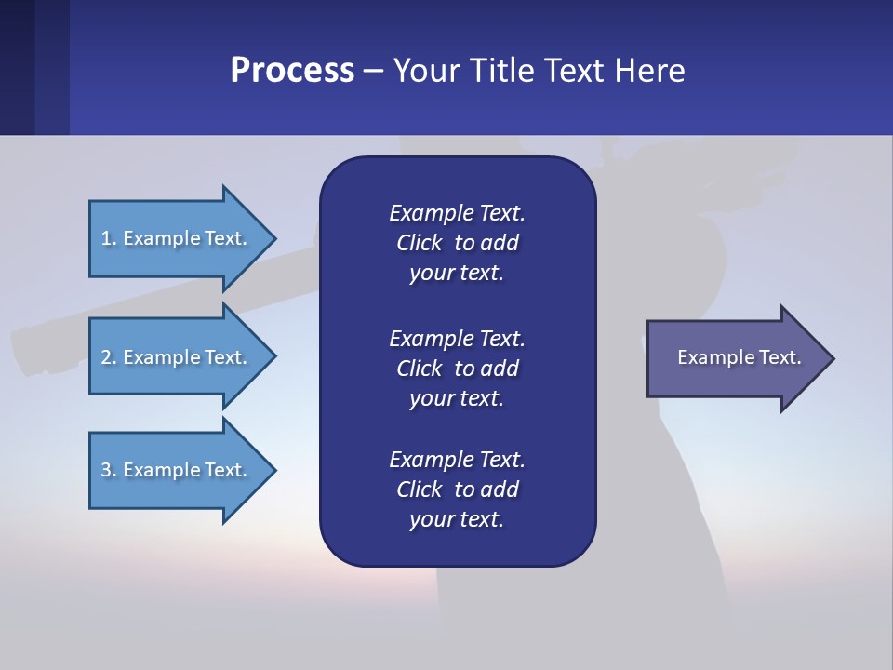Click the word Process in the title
pyautogui.click(x=292, y=71)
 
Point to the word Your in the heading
pyautogui.click(x=428, y=71)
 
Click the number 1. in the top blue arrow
pyautogui.click(x=109, y=238)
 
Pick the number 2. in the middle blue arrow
pyautogui.click(x=109, y=357)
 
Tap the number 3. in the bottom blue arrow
pyautogui.click(x=109, y=470)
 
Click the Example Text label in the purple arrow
pyautogui.click(x=739, y=357)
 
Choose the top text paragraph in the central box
pyautogui.click(x=457, y=243)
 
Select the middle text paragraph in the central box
pyautogui.click(x=457, y=368)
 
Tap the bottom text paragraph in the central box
pyautogui.click(x=457, y=489)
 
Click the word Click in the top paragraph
pyautogui.click(x=419, y=243)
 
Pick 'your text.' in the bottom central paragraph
pyautogui.click(x=457, y=519)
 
